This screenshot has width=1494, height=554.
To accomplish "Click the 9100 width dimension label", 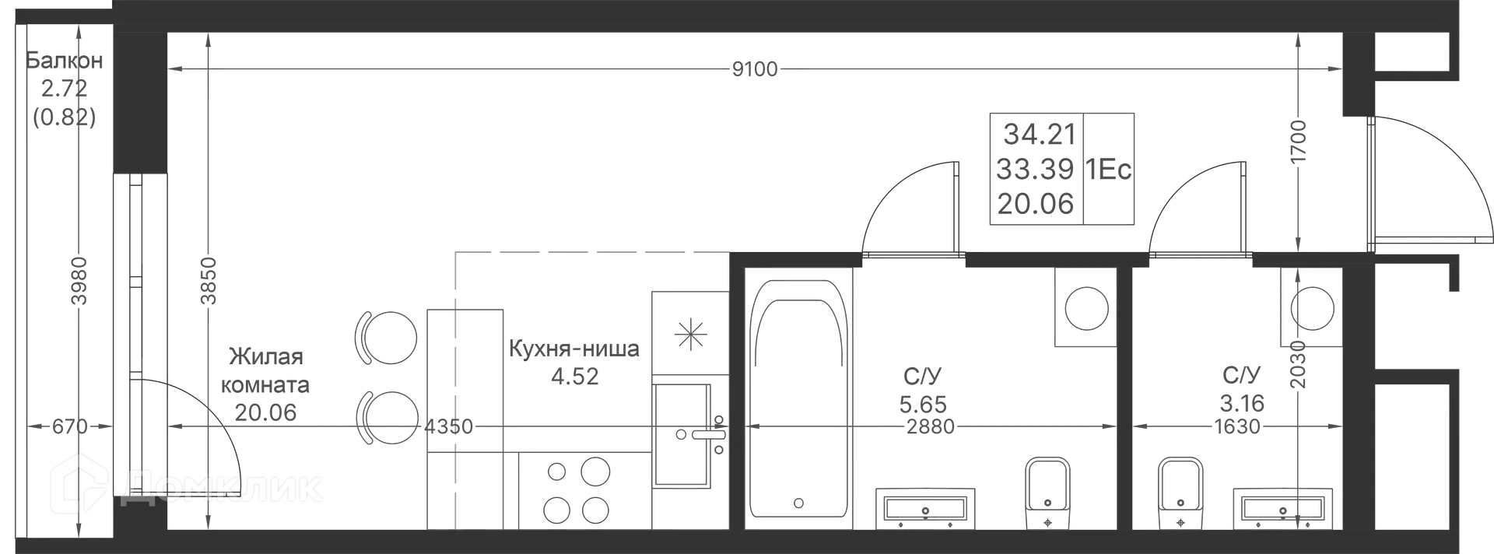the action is click(x=755, y=70).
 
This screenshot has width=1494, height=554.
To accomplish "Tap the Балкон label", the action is click(x=65, y=60).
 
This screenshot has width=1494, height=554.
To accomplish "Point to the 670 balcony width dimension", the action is click(x=69, y=426).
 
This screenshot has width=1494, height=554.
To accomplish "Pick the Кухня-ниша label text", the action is click(x=574, y=349).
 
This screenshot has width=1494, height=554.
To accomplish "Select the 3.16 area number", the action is click(x=1242, y=404).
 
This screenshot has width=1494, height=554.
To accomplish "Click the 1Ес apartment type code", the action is click(x=1109, y=170).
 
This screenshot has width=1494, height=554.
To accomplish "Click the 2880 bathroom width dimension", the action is click(x=931, y=426).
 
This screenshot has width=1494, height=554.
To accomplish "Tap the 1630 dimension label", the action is click(x=1237, y=426).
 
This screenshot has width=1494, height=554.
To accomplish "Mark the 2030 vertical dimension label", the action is click(x=1297, y=365).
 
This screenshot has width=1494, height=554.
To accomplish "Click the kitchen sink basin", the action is click(x=682, y=435).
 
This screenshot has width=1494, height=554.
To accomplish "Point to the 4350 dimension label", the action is click(x=449, y=426).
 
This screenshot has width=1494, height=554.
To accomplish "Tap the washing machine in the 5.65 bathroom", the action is click(x=1086, y=307).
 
